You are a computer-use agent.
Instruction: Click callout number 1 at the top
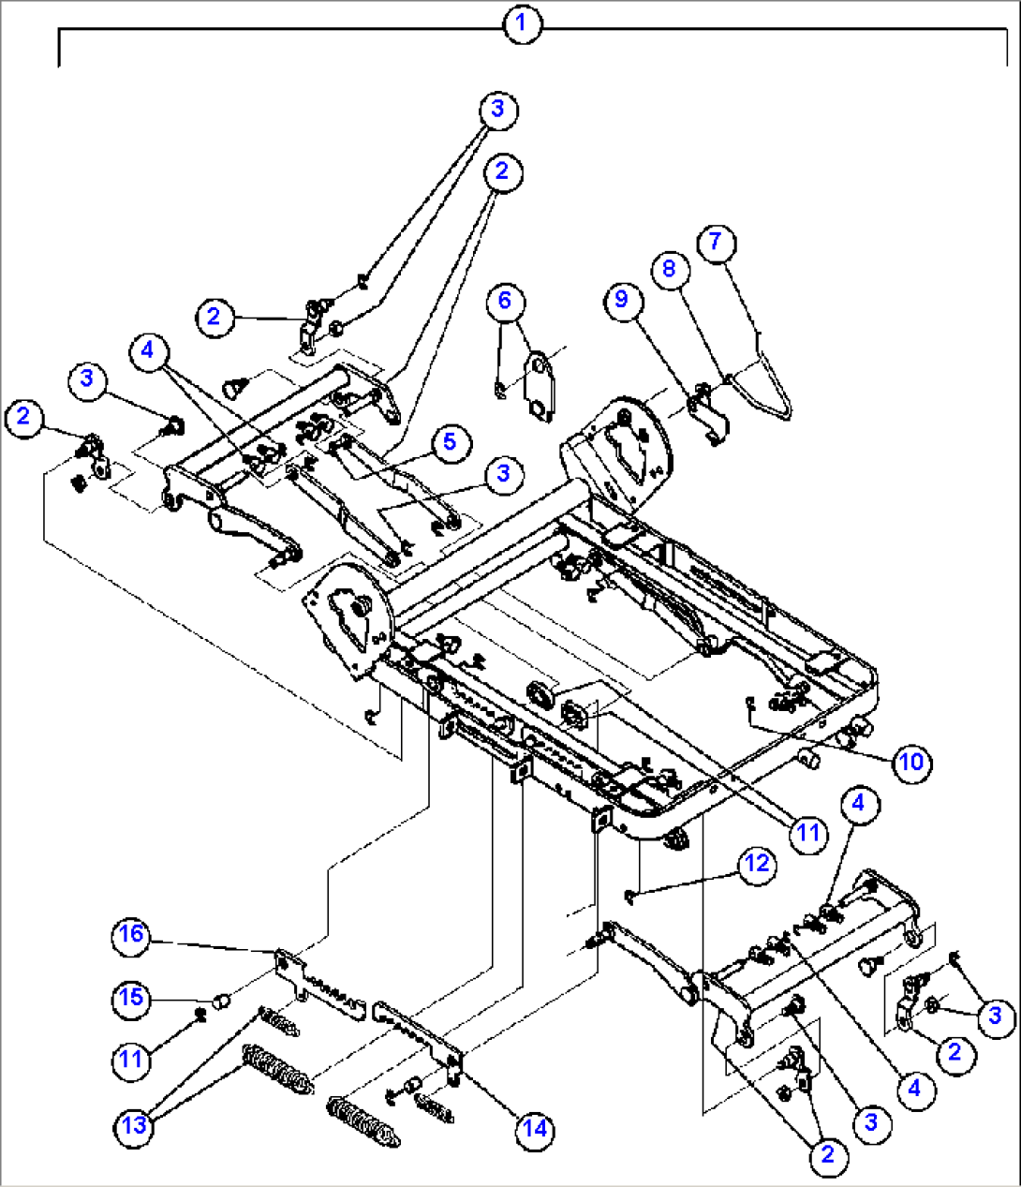(522, 23)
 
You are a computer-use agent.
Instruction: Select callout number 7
(716, 242)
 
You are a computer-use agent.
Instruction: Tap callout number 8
(669, 269)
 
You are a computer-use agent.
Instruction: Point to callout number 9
(622, 300)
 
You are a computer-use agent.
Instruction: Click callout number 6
(505, 300)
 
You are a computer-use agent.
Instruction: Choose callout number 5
(451, 441)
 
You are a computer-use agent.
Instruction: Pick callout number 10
(910, 762)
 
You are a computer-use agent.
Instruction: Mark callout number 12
(757, 864)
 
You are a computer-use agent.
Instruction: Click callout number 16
(132, 934)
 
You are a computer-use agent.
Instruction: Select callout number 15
(132, 998)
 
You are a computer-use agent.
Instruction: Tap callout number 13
(135, 1124)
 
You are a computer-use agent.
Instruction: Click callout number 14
(534, 1128)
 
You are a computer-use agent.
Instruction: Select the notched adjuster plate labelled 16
(318, 992)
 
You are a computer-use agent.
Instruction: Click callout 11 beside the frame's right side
(807, 831)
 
